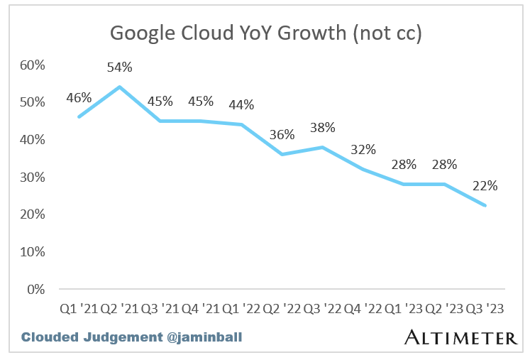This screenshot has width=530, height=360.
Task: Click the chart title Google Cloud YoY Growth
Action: [x=265, y=33]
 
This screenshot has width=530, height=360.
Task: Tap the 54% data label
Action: [x=119, y=68]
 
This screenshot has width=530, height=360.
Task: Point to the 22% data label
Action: [x=485, y=187]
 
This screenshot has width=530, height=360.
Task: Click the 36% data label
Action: [x=282, y=135]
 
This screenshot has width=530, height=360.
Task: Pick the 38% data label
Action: [x=323, y=128]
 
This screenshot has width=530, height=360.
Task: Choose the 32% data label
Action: [x=363, y=150]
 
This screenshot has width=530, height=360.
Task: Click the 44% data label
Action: [x=241, y=105]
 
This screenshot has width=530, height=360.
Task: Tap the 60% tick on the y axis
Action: [x=32, y=65]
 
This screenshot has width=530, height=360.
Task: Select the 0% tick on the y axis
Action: [x=35, y=289]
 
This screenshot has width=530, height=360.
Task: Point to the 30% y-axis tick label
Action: [x=32, y=178]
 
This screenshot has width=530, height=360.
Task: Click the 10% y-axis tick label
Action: [x=32, y=252]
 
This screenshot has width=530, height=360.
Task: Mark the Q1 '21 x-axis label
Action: [x=79, y=309]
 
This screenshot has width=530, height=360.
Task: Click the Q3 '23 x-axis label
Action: [x=485, y=309]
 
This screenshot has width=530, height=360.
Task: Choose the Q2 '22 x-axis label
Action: [x=282, y=309]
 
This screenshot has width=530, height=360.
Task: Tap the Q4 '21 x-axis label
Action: [x=201, y=309]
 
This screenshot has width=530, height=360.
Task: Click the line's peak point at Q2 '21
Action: [x=119, y=87]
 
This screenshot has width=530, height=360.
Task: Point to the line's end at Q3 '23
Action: [x=485, y=206]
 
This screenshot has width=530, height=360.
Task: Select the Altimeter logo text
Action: [x=460, y=337]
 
